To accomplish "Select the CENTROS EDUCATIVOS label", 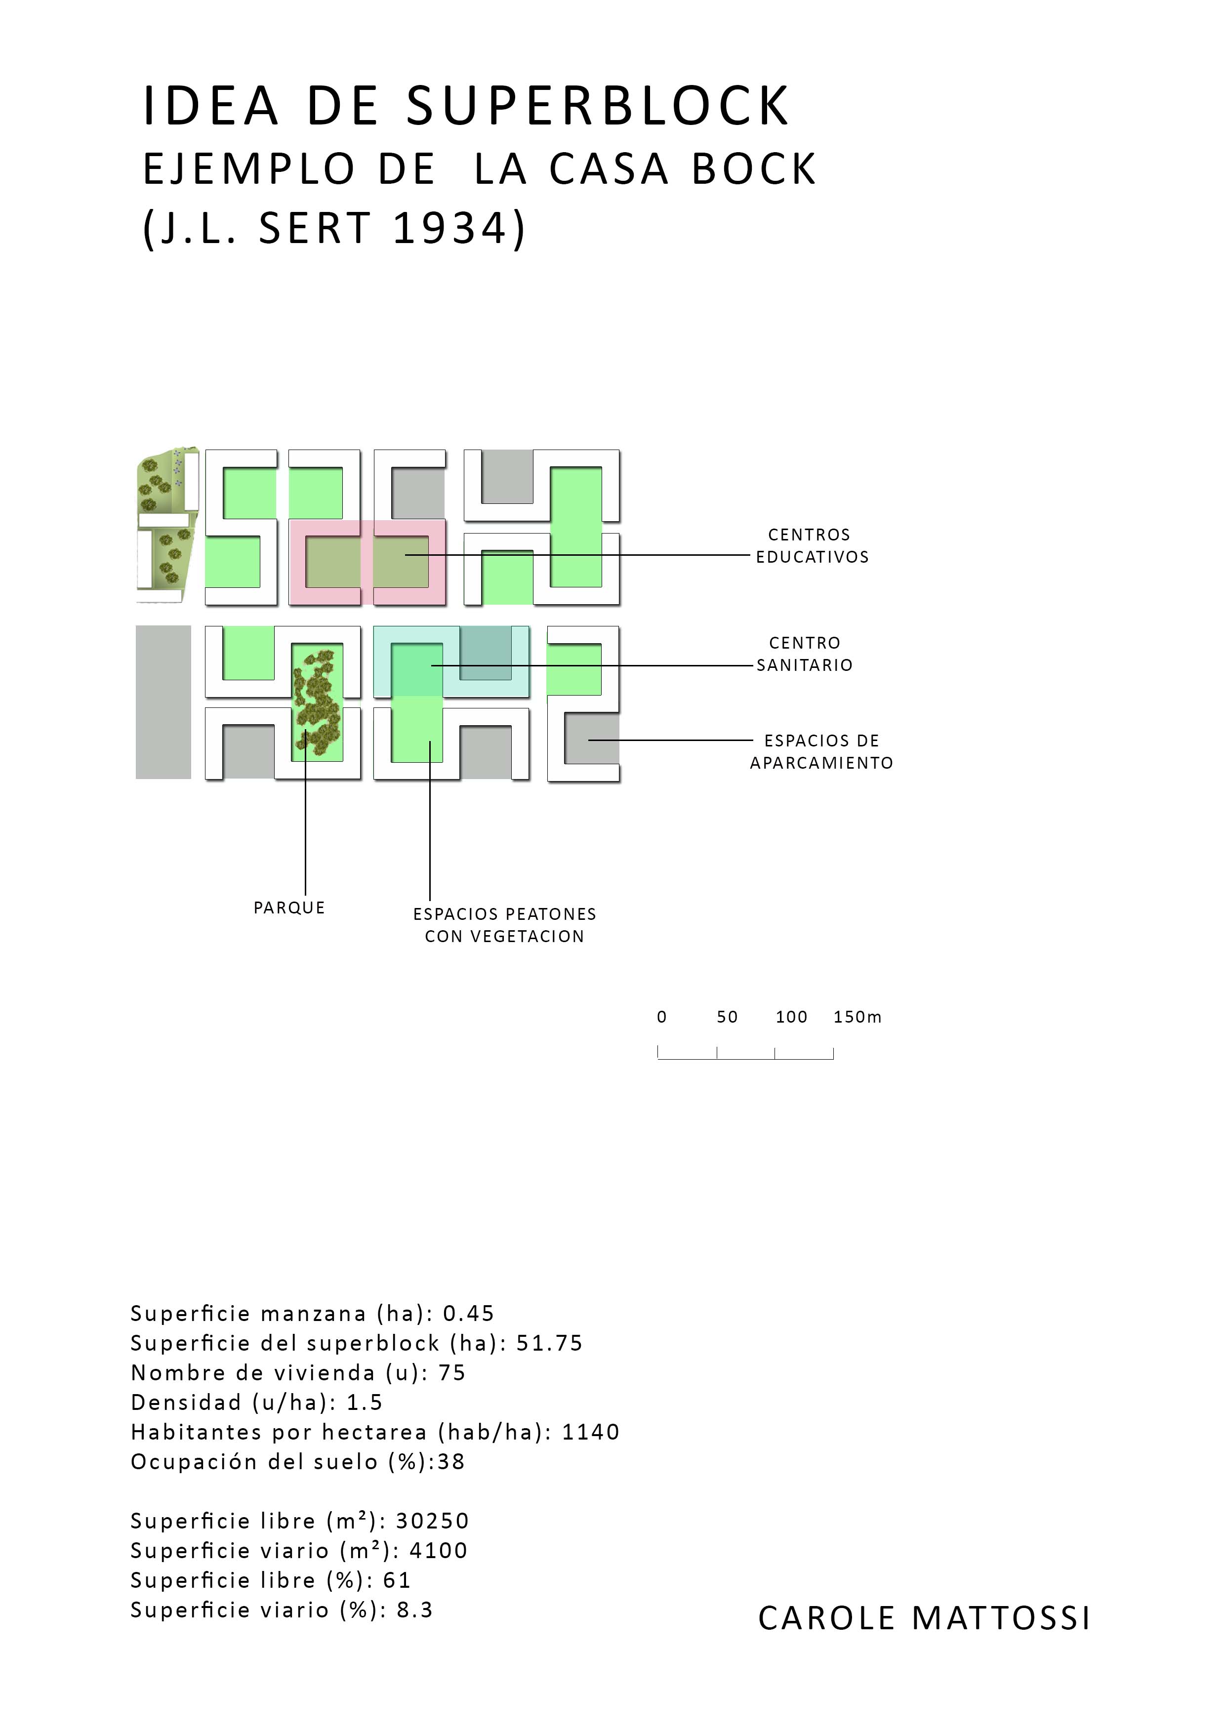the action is point(812,546).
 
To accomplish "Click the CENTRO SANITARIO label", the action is point(805,654).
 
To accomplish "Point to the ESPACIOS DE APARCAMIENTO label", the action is point(821,752).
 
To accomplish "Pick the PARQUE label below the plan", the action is point(289,908).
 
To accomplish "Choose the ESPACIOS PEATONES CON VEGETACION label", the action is point(504,925).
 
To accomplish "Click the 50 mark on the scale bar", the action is point(727,1017).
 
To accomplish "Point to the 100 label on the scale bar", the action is point(791,1017).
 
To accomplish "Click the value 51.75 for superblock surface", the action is point(549,1343).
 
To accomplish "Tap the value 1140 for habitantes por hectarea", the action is point(591,1432).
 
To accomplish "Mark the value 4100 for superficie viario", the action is point(439,1550).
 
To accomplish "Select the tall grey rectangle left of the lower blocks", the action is point(163,702).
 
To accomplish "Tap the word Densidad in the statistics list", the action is point(186,1403).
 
